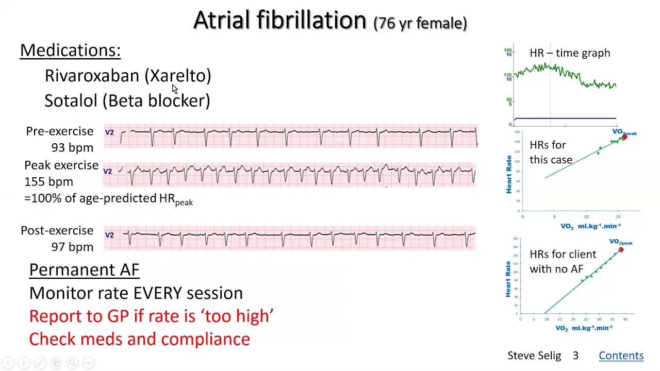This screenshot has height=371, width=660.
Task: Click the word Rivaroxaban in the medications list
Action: [92, 76]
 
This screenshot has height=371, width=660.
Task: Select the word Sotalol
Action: [71, 100]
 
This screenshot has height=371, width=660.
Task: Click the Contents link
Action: [621, 356]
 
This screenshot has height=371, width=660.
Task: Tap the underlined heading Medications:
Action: [70, 50]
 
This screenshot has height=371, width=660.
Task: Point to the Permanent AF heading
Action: [84, 269]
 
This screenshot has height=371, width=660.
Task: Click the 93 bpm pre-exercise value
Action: [72, 148]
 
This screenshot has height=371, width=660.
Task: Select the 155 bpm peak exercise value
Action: [48, 182]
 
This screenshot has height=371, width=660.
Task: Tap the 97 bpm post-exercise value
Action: [72, 247]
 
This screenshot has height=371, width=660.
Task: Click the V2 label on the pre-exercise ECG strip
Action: [109, 132]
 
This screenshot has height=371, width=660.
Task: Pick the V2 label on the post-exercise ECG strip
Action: [109, 235]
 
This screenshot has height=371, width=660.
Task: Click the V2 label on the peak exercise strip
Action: [108, 171]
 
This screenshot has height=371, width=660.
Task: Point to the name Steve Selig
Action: [534, 356]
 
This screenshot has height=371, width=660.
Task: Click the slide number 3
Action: [575, 356]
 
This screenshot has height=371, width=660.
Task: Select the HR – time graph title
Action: [569, 53]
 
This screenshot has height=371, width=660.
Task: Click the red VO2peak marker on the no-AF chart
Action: [621, 250]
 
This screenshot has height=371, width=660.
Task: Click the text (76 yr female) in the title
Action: [420, 23]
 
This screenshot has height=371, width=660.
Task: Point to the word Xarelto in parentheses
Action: [178, 76]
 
